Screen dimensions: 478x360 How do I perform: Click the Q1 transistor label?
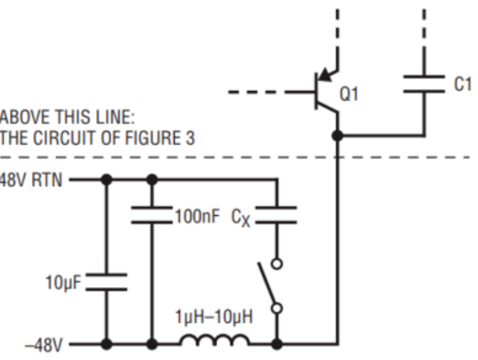pos(349,94)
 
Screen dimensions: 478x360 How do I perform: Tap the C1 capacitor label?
pos(463,84)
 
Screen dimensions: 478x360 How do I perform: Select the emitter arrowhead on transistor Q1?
pos(325,74)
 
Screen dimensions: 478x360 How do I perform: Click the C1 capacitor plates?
pos(424,84)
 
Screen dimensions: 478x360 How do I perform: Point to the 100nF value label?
pos(197,216)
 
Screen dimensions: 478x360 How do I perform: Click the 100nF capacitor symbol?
pos(152,215)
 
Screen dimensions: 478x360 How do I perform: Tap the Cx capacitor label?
pos(241,218)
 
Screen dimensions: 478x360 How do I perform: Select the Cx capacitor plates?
pos(276,215)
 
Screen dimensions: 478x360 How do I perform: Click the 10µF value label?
pos(64,282)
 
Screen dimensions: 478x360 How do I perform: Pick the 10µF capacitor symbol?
pos(106,282)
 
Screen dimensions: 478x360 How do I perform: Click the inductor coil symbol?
pos(215,339)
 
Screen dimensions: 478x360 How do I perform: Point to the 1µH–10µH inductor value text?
pos(214,317)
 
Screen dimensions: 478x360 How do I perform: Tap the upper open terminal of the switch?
pos(277,263)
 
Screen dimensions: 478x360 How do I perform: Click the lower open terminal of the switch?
pos(277,309)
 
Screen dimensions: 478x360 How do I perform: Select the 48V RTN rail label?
pos(31,180)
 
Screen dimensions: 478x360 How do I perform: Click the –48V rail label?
pos(44,346)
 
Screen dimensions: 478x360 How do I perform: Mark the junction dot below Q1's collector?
pos(337,136)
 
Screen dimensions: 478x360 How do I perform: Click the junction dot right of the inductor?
pos(277,344)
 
